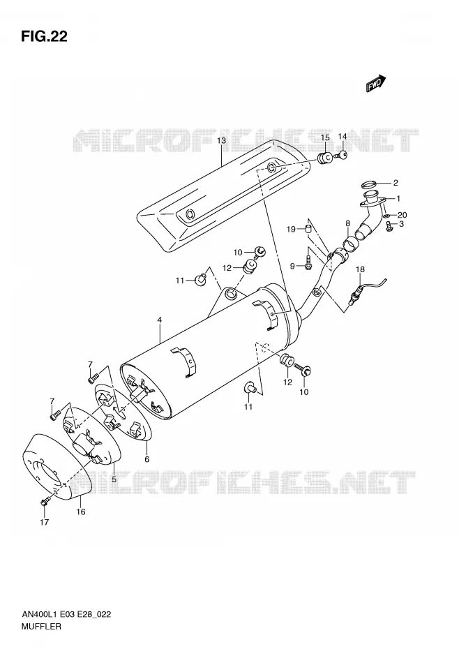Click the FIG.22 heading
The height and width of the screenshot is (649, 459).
coord(44,37)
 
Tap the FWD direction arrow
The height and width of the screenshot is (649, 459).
coord(376,83)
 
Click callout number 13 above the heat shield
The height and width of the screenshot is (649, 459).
coord(221,141)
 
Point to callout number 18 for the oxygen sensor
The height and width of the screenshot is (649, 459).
coord(360,269)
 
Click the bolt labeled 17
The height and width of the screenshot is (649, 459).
coord(44,502)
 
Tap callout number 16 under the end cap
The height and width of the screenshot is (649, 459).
coord(81,512)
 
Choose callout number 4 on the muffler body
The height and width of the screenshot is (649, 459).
coord(159,320)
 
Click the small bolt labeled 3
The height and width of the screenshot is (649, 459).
coord(389,226)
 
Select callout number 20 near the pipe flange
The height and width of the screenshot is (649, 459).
coord(402,215)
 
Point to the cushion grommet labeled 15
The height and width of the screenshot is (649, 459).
coord(325,158)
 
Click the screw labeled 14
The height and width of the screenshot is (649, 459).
coord(342,156)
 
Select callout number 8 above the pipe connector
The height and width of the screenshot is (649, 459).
coord(347,223)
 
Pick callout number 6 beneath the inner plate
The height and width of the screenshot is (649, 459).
coord(147,459)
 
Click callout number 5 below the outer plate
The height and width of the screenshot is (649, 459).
coord(114,479)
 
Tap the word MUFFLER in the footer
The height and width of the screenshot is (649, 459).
coord(41,626)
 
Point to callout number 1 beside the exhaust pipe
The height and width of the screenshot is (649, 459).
coord(398,199)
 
